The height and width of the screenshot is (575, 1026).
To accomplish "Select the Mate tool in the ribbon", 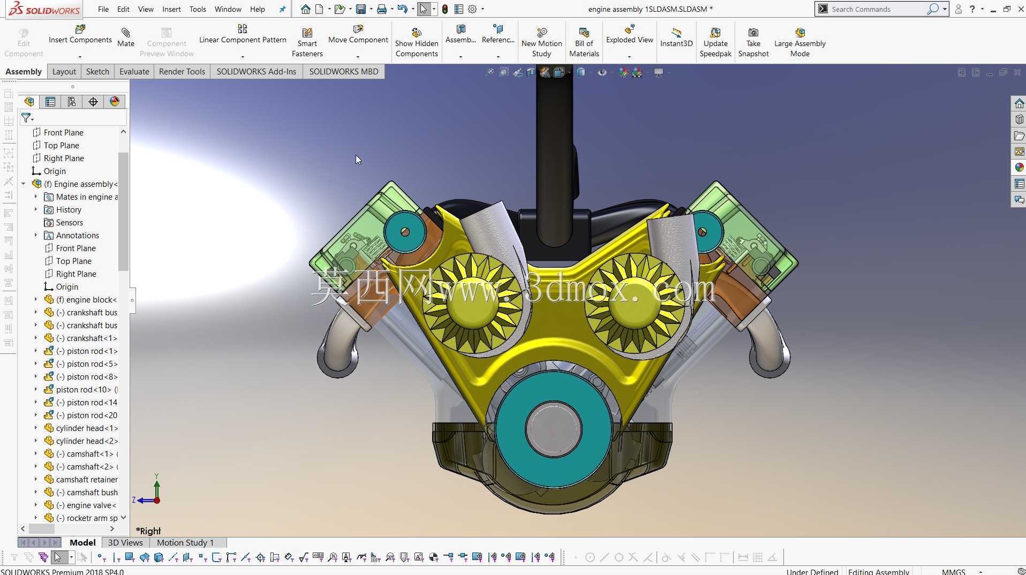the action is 126,37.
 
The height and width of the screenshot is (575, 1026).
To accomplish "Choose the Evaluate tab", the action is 134,72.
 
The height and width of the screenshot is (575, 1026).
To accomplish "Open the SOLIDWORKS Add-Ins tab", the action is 256,72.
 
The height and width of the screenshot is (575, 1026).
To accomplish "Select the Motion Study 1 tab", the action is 185,543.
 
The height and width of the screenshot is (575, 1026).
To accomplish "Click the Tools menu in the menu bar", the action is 198,9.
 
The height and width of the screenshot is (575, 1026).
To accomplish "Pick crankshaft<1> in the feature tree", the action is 86,338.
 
